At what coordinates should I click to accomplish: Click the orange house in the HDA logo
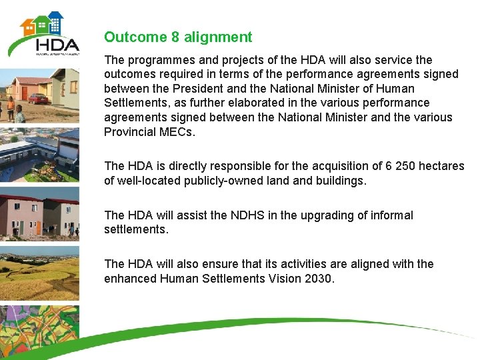pos(28,27)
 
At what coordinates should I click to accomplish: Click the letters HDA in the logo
pos(57,46)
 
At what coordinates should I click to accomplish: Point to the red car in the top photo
pos(38,99)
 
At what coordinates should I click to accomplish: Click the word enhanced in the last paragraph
pos(130,279)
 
